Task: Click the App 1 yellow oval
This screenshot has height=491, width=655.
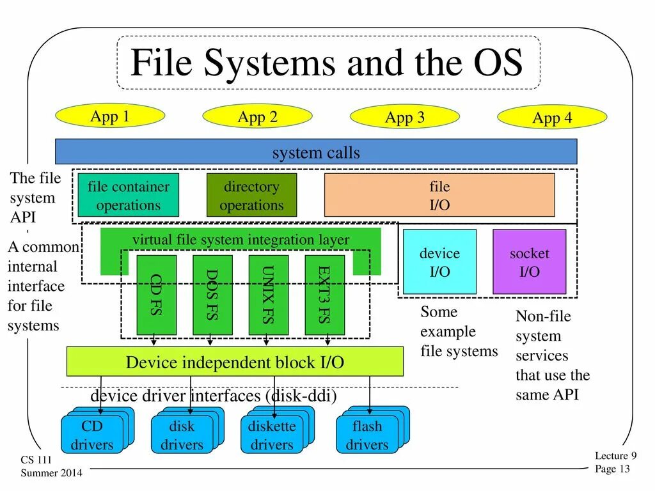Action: coord(110,116)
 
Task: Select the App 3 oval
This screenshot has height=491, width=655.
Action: coord(404,117)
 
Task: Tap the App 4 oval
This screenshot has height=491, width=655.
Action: coord(552,118)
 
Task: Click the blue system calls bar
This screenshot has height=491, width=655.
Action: coord(316,152)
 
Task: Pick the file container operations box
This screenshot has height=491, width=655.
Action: coord(128,195)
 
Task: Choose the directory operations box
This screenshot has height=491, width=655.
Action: coord(251,195)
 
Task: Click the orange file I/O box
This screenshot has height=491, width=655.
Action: coord(439,195)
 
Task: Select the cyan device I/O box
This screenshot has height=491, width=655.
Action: coord(439,261)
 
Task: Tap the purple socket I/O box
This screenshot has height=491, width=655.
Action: coord(529,261)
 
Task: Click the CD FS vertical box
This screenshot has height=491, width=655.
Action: coord(156,295)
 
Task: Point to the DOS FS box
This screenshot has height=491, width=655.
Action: coord(212,295)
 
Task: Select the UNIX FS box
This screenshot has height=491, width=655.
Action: coord(268,295)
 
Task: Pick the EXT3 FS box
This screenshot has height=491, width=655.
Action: coord(324,295)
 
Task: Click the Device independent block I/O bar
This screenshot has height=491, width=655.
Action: coord(235,362)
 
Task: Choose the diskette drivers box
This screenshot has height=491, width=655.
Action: coord(271,435)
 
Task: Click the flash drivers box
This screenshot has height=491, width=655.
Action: coord(367,435)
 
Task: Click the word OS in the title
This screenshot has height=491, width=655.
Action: coord(499,64)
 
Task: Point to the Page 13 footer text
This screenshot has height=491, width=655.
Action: coord(612,469)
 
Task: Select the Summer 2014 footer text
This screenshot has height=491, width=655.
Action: coord(51,472)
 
